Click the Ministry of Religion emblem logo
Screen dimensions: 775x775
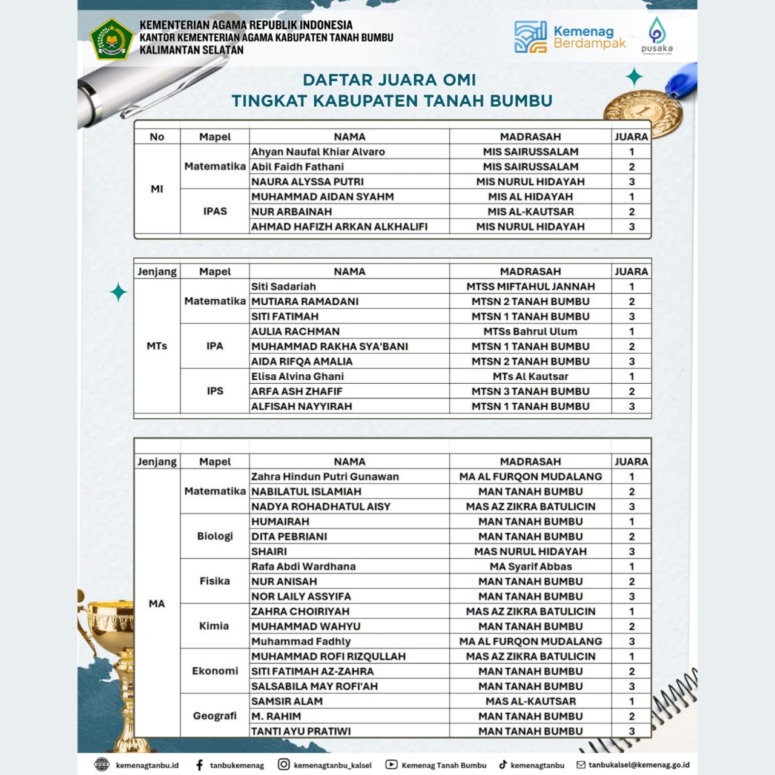click(111, 38)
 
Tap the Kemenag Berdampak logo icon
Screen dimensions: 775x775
click(530, 37)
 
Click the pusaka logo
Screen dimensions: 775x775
click(656, 36)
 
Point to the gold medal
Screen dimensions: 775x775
click(643, 113)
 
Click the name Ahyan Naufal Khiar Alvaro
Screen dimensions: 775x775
click(318, 152)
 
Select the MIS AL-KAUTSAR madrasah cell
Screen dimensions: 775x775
click(530, 212)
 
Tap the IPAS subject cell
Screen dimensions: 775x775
click(215, 211)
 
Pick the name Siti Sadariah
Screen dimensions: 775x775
click(283, 286)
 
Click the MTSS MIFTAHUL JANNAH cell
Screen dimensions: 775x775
click(530, 286)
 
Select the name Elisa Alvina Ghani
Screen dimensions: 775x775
click(297, 376)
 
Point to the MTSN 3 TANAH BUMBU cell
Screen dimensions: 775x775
click(530, 391)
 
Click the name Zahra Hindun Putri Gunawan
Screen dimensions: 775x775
click(325, 477)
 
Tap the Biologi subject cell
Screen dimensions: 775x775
click(215, 536)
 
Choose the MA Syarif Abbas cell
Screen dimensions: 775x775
click(530, 567)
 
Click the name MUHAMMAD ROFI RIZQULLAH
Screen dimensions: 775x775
click(328, 656)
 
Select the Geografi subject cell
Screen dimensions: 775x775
click(215, 716)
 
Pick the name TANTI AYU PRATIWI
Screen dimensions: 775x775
click(301, 731)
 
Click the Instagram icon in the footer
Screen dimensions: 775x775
click(283, 765)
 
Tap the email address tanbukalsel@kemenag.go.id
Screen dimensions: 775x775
click(639, 765)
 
